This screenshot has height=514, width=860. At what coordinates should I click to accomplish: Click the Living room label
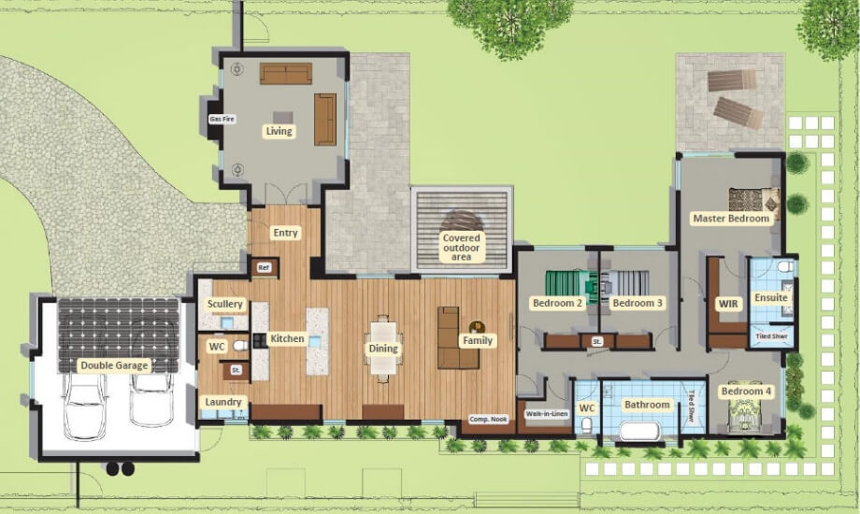click(x=279, y=132)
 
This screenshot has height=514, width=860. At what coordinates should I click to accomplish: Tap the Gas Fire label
click(x=221, y=120)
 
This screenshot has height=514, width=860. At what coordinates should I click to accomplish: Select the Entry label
click(x=286, y=233)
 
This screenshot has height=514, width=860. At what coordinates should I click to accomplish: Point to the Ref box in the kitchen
click(x=265, y=268)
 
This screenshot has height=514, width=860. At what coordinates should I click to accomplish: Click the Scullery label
click(x=225, y=304)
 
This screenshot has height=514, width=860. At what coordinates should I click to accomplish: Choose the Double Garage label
click(x=113, y=365)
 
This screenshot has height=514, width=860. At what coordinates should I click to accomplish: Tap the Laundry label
click(x=223, y=403)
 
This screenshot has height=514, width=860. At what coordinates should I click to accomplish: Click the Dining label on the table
click(x=383, y=349)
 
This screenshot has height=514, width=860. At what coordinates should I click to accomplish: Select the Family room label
click(x=477, y=341)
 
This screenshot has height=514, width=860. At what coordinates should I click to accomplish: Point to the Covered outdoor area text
click(x=462, y=248)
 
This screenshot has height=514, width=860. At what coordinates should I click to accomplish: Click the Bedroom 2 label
click(x=558, y=304)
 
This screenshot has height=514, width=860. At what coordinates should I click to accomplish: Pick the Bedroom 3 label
click(x=638, y=304)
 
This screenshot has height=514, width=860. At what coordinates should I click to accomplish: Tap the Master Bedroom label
click(x=731, y=219)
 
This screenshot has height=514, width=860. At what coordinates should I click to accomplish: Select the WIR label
click(x=728, y=304)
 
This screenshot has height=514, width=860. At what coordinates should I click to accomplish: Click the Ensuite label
click(x=771, y=298)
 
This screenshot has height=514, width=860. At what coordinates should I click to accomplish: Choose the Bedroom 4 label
click(x=746, y=392)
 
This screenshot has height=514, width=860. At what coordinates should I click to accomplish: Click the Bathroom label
click(x=647, y=405)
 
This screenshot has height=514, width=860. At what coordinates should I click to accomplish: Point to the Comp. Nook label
click(x=487, y=420)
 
